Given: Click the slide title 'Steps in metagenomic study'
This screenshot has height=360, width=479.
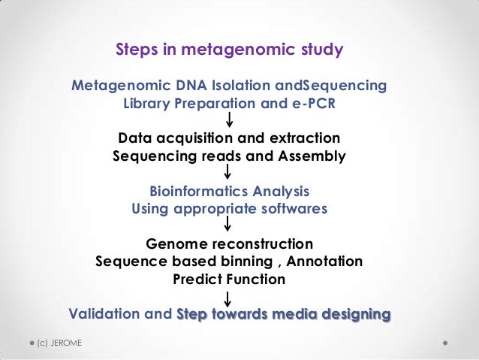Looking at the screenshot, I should click(x=229, y=50).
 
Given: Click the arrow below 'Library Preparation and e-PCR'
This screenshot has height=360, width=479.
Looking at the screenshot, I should click(x=228, y=120).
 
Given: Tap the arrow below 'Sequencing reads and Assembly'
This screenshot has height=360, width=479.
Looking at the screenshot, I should click(x=228, y=174).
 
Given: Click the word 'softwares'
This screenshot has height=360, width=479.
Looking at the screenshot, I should click(x=293, y=209).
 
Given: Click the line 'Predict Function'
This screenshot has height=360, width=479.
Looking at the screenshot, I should click(x=229, y=279).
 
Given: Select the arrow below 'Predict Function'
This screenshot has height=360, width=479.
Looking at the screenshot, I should click(x=228, y=298).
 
